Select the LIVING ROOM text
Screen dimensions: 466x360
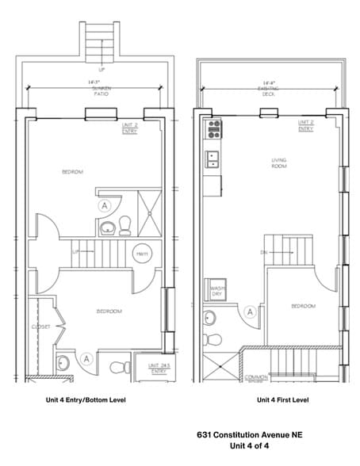point(278,163)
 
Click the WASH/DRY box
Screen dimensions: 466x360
point(216,290)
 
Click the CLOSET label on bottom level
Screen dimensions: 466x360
point(42,327)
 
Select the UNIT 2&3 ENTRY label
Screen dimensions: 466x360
point(158,368)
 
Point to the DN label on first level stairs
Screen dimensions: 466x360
point(264,253)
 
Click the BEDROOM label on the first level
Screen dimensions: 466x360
point(303,306)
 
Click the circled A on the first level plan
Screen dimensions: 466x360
point(251,312)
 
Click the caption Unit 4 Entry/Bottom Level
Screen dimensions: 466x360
point(85,400)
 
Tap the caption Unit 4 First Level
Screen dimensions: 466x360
point(282,400)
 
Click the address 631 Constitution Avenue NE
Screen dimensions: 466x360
point(249,435)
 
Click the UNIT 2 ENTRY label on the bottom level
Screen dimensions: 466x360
point(129,129)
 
